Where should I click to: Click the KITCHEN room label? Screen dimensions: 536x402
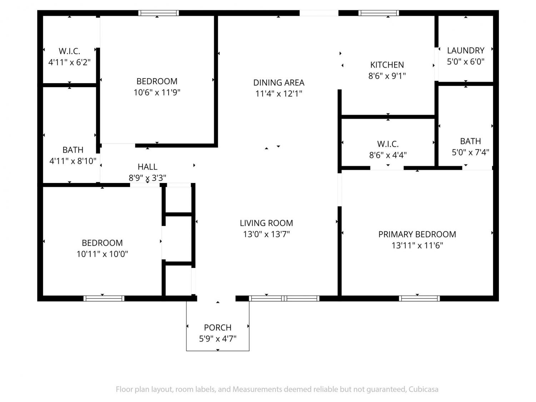(387, 65)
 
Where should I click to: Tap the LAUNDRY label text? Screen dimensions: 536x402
(466, 50)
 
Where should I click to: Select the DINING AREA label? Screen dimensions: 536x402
(279, 83)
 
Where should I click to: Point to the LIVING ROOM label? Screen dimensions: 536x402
(266, 223)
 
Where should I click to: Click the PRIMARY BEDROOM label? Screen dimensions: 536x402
(417, 234)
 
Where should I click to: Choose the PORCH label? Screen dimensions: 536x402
(218, 328)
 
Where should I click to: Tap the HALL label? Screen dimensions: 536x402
(147, 167)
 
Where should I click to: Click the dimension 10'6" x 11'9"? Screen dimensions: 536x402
(157, 93)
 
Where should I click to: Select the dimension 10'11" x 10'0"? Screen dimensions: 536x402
(102, 254)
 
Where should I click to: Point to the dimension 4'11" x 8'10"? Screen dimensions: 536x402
(73, 161)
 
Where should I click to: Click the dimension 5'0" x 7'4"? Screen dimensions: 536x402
(470, 152)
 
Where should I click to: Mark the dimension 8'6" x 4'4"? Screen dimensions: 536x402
(388, 155)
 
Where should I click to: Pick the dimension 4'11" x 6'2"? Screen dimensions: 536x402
(69, 63)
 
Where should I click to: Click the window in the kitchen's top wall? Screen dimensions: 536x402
(378, 13)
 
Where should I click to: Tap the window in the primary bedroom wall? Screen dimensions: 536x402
(419, 298)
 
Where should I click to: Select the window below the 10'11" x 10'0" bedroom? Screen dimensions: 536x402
(104, 298)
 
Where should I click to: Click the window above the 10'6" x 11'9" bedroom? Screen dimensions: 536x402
(159, 13)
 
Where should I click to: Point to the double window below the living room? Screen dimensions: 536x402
(284, 298)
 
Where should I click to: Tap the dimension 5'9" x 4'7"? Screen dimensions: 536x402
(218, 339)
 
